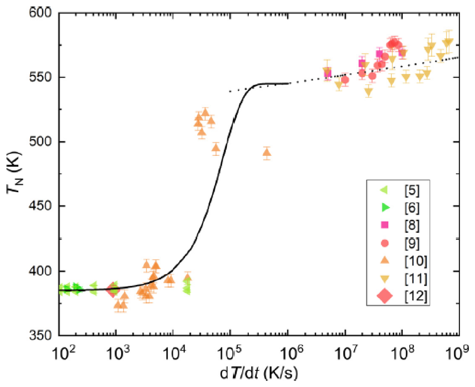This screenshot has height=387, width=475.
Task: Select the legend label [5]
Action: click(412, 190)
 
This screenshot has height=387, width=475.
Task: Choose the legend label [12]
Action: click(416, 296)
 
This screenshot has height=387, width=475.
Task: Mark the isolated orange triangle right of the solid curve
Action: click(267, 153)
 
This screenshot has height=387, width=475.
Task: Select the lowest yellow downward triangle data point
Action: click(368, 91)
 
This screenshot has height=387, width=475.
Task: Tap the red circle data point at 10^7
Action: click(345, 80)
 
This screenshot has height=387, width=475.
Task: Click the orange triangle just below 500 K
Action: click(216, 147)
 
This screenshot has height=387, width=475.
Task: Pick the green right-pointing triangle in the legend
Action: click(385, 207)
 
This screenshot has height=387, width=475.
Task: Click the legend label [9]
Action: click(412, 243)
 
